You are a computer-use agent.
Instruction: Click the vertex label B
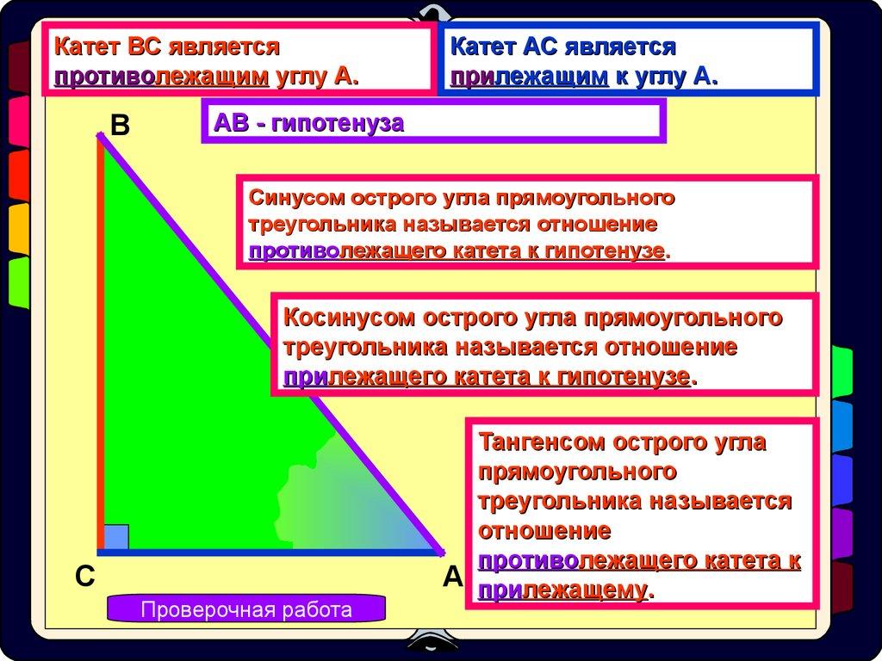120,125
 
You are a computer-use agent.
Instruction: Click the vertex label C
85,577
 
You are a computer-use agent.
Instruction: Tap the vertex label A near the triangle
453,577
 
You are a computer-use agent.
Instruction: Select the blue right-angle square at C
116,537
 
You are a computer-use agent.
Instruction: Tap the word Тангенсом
541,442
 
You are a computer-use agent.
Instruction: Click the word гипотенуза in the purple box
338,123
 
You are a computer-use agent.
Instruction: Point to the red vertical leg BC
101,343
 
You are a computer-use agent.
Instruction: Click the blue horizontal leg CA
269,553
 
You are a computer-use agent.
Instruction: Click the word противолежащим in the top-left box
161,77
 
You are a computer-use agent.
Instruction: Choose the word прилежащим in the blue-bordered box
530,77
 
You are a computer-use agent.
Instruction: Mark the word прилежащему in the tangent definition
562,590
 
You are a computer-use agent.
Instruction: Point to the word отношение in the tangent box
544,531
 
